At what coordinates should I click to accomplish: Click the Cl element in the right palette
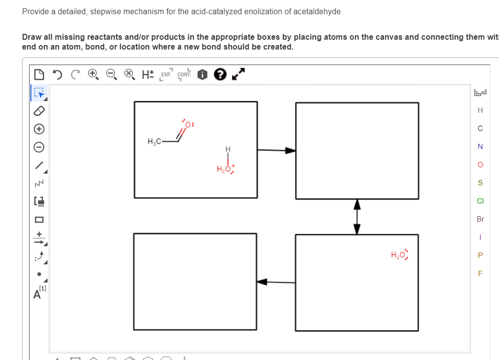(480, 201)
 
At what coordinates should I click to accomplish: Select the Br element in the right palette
(480, 219)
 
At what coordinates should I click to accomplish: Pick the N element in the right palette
(480, 147)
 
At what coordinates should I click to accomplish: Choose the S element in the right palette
(480, 182)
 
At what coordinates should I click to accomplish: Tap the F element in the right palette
(480, 273)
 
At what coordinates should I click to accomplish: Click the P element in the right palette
(480, 255)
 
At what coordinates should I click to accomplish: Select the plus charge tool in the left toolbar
(39, 129)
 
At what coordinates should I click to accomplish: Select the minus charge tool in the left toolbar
(39, 147)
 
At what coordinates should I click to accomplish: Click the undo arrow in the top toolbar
(57, 75)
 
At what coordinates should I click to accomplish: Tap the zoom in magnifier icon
(93, 75)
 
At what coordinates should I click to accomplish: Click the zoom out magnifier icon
(111, 75)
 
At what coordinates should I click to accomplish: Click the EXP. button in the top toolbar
(166, 75)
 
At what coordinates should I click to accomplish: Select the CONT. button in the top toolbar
(184, 75)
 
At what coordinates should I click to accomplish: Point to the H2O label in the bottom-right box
(398, 255)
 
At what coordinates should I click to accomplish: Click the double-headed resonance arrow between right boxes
(357, 216)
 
